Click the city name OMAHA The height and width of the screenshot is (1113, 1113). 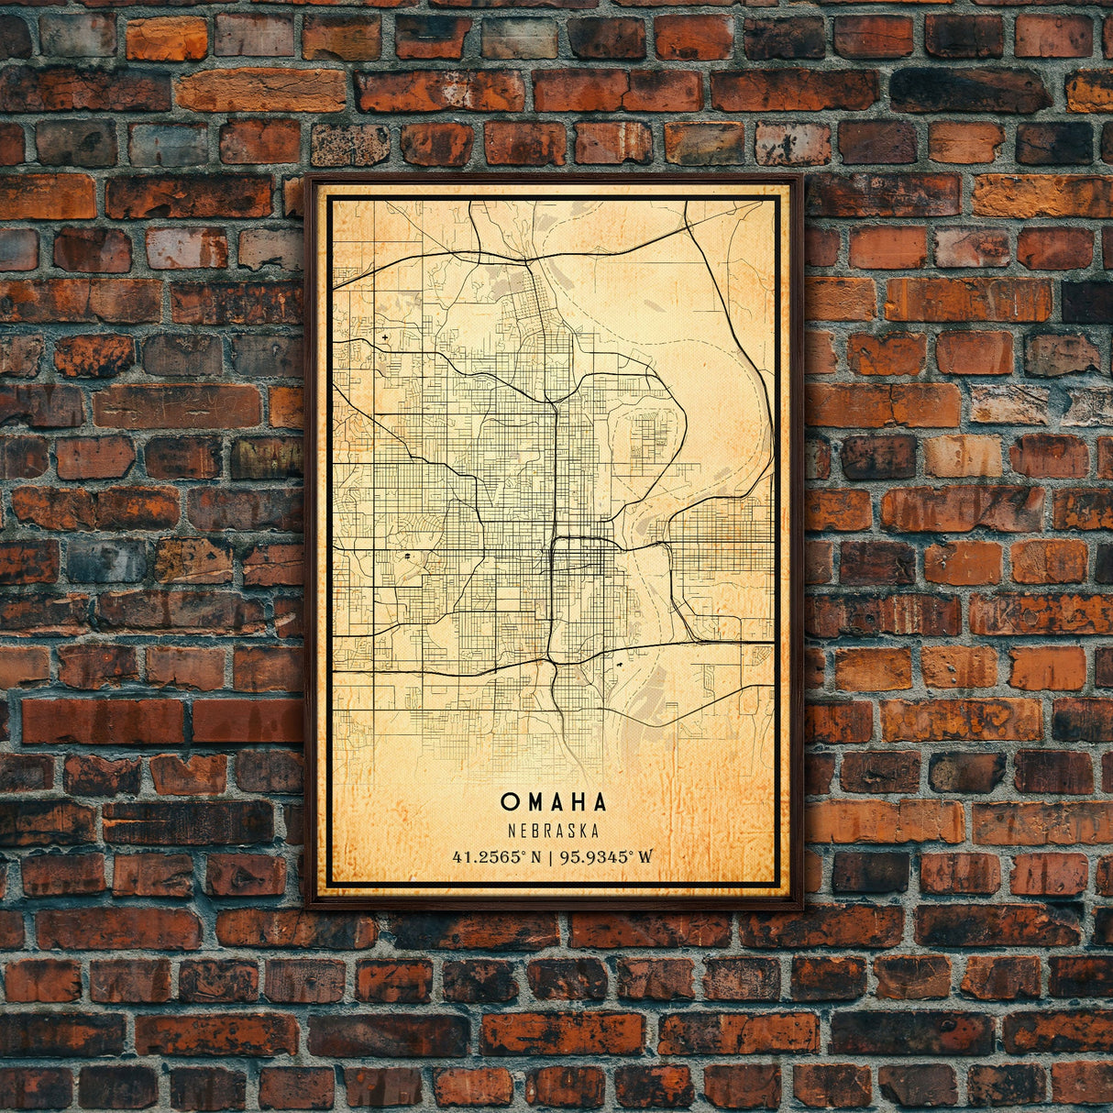point(554,802)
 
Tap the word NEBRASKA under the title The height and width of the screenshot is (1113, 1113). point(554,832)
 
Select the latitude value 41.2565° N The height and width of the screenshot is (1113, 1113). point(495,858)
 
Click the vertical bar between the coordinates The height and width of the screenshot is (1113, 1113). point(548,858)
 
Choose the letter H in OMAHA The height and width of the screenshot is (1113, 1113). point(578,802)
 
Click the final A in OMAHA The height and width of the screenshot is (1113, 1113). point(600,802)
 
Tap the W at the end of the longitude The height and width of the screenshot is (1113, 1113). point(646,858)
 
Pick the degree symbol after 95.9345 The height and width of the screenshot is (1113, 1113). point(631,854)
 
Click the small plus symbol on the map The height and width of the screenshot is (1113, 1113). point(383,339)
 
